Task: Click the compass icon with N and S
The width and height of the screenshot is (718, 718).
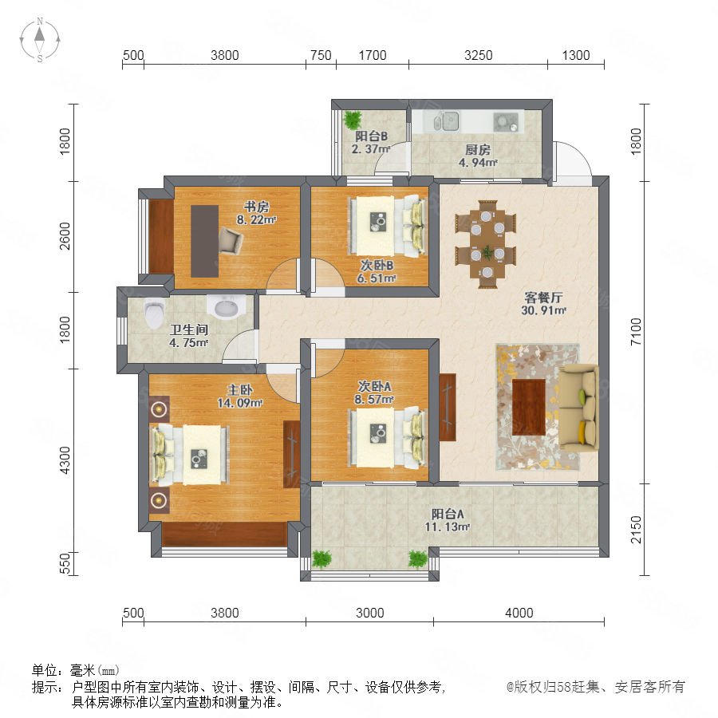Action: (x=40, y=40)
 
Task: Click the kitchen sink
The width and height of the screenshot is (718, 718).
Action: (x=446, y=121)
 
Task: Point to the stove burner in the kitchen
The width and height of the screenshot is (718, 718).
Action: (x=506, y=122)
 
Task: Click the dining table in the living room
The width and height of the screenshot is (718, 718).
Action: (x=486, y=244)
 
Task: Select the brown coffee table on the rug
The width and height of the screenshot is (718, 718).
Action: (x=528, y=407)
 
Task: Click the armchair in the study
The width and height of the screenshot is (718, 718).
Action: (x=231, y=240)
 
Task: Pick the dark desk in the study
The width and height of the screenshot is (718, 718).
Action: (x=204, y=241)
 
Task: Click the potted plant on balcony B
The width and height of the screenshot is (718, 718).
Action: (x=353, y=120)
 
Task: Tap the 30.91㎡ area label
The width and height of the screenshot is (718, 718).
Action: (x=543, y=310)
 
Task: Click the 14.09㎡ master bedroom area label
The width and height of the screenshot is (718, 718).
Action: (x=239, y=403)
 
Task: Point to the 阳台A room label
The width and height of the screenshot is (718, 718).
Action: (x=448, y=514)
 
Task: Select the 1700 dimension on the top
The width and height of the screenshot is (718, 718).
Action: (x=373, y=55)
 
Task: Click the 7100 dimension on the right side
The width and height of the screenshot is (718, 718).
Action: (x=636, y=332)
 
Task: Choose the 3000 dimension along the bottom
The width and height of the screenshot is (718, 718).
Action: (x=369, y=613)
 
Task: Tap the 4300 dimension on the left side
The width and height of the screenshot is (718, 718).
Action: (x=65, y=460)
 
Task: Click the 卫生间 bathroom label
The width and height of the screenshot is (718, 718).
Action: (x=189, y=329)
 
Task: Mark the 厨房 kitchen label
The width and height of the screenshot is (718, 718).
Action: (x=478, y=149)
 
